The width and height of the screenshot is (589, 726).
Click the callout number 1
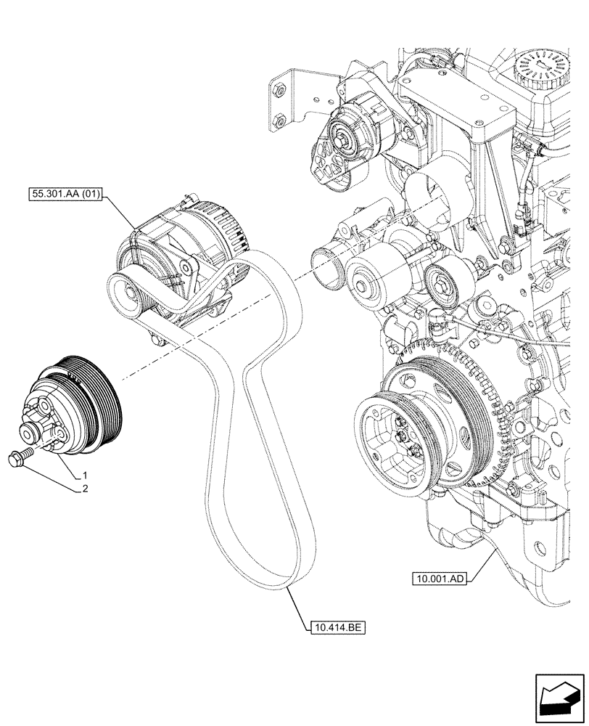click(x=85, y=473)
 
